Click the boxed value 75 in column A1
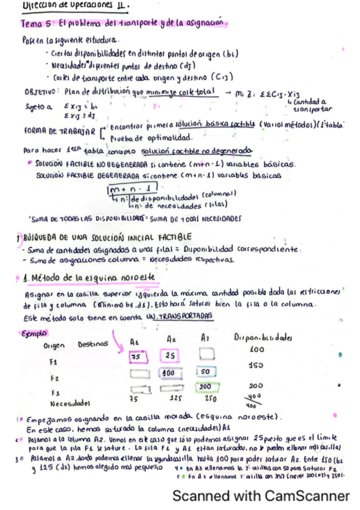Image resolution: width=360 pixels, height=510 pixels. click(x=136, y=357)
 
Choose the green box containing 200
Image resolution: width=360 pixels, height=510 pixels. click(x=204, y=387)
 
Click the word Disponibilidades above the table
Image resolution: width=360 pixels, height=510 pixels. click(x=270, y=336)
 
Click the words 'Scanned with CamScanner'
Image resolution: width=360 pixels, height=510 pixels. click(x=260, y=496)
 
